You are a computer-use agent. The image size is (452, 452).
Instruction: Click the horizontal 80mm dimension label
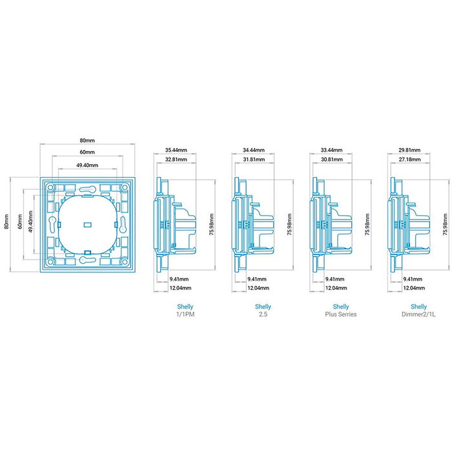coord(87,140)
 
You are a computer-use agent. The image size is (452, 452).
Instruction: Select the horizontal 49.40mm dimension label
coord(87,165)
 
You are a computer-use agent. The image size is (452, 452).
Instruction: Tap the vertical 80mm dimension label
coord(6,221)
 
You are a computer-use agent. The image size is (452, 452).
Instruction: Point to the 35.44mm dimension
coord(176,150)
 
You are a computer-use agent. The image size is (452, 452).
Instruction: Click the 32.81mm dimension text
coord(176,159)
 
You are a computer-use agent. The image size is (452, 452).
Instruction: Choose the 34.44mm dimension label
coord(254,150)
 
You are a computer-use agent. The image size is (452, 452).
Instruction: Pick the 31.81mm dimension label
coord(254,159)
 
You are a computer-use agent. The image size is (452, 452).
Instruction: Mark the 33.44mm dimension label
coord(331,150)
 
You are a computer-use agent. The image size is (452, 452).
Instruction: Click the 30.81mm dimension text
coord(331,159)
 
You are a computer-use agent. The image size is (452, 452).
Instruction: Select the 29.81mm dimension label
coord(409,150)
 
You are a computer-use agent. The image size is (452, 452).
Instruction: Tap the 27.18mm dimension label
coord(409,159)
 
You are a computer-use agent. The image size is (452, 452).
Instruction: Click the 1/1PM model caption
coord(185,314)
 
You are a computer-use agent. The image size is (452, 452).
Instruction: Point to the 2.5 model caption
coord(263,314)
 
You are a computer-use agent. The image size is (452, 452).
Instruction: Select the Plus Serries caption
coord(341,314)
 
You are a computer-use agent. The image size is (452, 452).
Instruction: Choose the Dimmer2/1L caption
coord(418,314)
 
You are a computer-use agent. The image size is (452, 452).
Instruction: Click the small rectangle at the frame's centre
coord(87,224)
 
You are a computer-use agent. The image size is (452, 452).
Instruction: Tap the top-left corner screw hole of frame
coord(50,187)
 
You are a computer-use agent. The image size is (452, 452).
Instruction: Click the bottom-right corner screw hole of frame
coord(125,262)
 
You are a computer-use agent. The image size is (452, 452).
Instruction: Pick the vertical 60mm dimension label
coord(19,221)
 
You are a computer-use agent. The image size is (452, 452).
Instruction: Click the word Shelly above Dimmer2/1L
coord(418,307)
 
